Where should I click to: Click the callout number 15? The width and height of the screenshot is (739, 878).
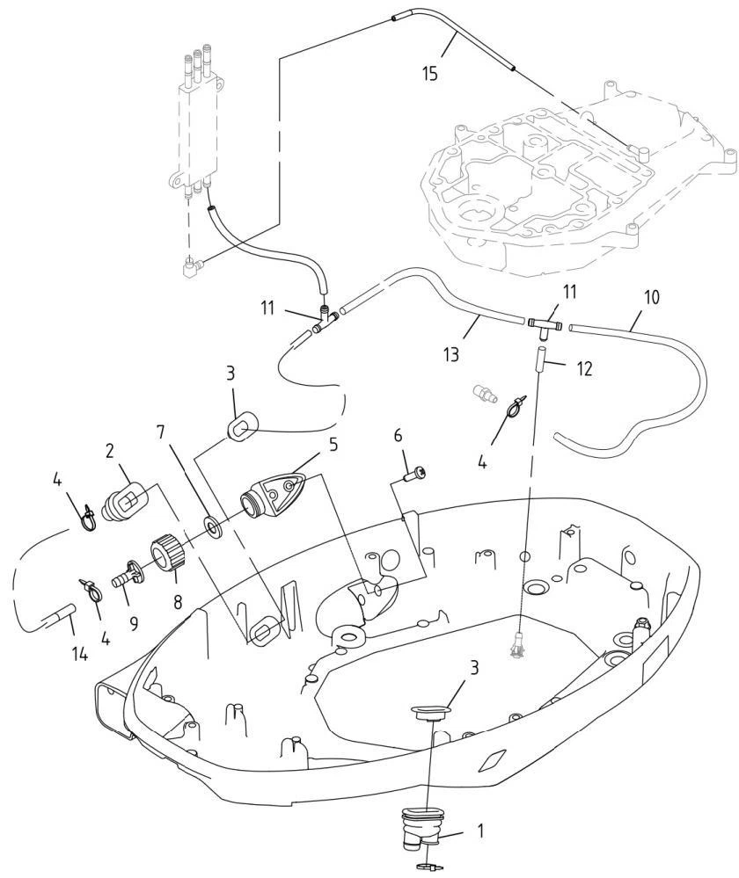429,73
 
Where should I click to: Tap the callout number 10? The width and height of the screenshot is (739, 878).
652,297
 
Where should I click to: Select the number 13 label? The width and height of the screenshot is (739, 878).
450,354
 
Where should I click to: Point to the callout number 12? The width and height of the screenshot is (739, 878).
584,369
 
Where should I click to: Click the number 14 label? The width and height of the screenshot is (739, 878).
80,654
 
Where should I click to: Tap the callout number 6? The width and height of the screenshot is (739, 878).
399,435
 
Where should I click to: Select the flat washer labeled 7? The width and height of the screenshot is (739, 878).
214,526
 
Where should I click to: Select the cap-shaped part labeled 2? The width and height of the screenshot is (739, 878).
126,497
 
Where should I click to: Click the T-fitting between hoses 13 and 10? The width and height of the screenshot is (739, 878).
545,325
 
